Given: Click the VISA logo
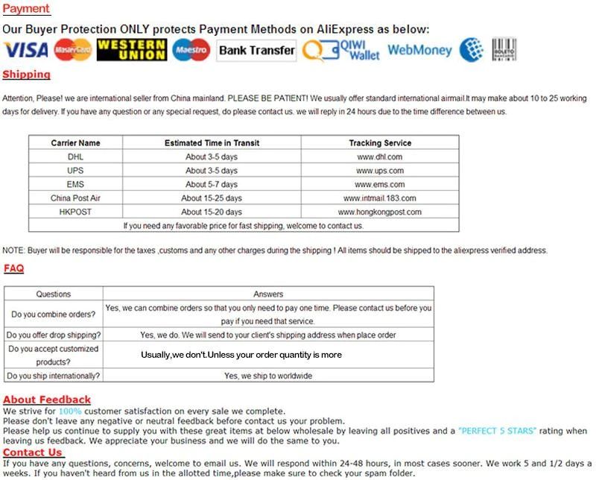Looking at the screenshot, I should point(25,50).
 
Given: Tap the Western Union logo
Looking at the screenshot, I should point(131,50).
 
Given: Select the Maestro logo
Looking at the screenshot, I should point(191,50).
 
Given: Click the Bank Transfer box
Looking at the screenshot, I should point(256,51).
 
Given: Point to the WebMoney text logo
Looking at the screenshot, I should point(419,51).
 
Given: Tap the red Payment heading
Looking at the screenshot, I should point(26,9).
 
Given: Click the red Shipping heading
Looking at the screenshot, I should point(26,75).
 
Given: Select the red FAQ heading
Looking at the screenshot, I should point(13,268).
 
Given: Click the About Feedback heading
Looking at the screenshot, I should point(47,400).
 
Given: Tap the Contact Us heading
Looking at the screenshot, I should point(33,452).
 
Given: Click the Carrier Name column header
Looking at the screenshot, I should point(75,143).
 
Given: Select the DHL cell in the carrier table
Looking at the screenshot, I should point(75,157).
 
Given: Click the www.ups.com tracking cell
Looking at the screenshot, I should point(379,171).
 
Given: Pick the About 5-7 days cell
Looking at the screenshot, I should point(212,185).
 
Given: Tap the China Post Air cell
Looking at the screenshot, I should point(75,198).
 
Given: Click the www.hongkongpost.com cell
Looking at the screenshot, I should point(379,212).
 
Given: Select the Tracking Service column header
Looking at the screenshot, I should point(379,143).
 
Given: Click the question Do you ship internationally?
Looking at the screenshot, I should point(54,376).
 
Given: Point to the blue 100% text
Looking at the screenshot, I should point(70,411).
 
